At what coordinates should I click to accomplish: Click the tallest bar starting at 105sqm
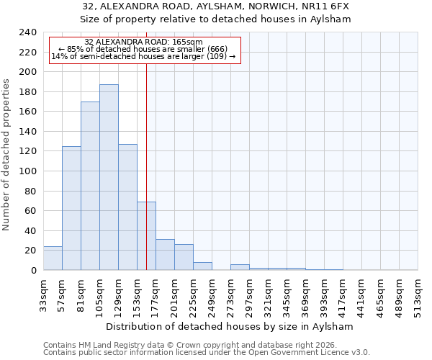109,177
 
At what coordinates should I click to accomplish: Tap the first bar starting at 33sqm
53,258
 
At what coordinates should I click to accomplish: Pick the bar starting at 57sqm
71,208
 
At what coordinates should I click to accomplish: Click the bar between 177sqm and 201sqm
165,255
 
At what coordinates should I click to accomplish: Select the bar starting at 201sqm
184,257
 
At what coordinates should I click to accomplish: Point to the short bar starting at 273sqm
240,267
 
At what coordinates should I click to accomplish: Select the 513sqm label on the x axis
418,293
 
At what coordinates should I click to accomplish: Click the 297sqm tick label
250,293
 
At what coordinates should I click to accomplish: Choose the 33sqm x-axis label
44,293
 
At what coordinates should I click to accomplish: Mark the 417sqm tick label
343,293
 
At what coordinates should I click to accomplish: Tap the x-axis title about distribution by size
230,326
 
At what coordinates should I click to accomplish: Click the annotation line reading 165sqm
144,42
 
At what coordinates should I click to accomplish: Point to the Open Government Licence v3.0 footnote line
207,352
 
